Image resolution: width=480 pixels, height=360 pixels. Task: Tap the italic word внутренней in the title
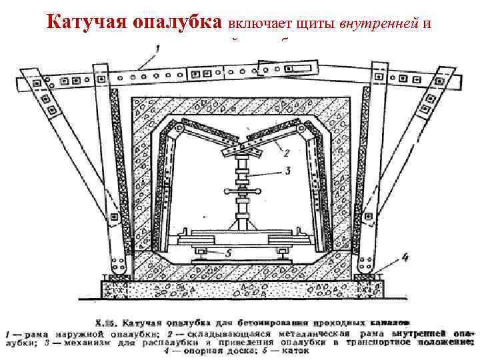pos(373,23)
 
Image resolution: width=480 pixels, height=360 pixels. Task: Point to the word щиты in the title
pos(317,24)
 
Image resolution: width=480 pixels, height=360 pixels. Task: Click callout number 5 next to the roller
pos(229,253)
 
